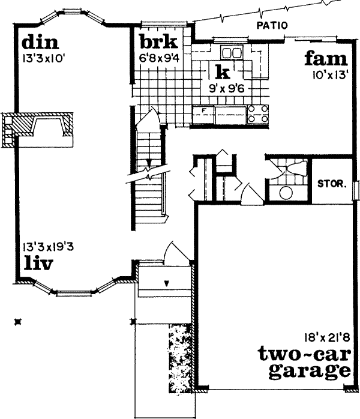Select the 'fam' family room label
click(325, 59)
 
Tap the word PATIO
click(272, 25)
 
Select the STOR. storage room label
click(332, 184)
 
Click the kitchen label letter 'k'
click(222, 73)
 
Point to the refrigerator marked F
click(204, 113)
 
